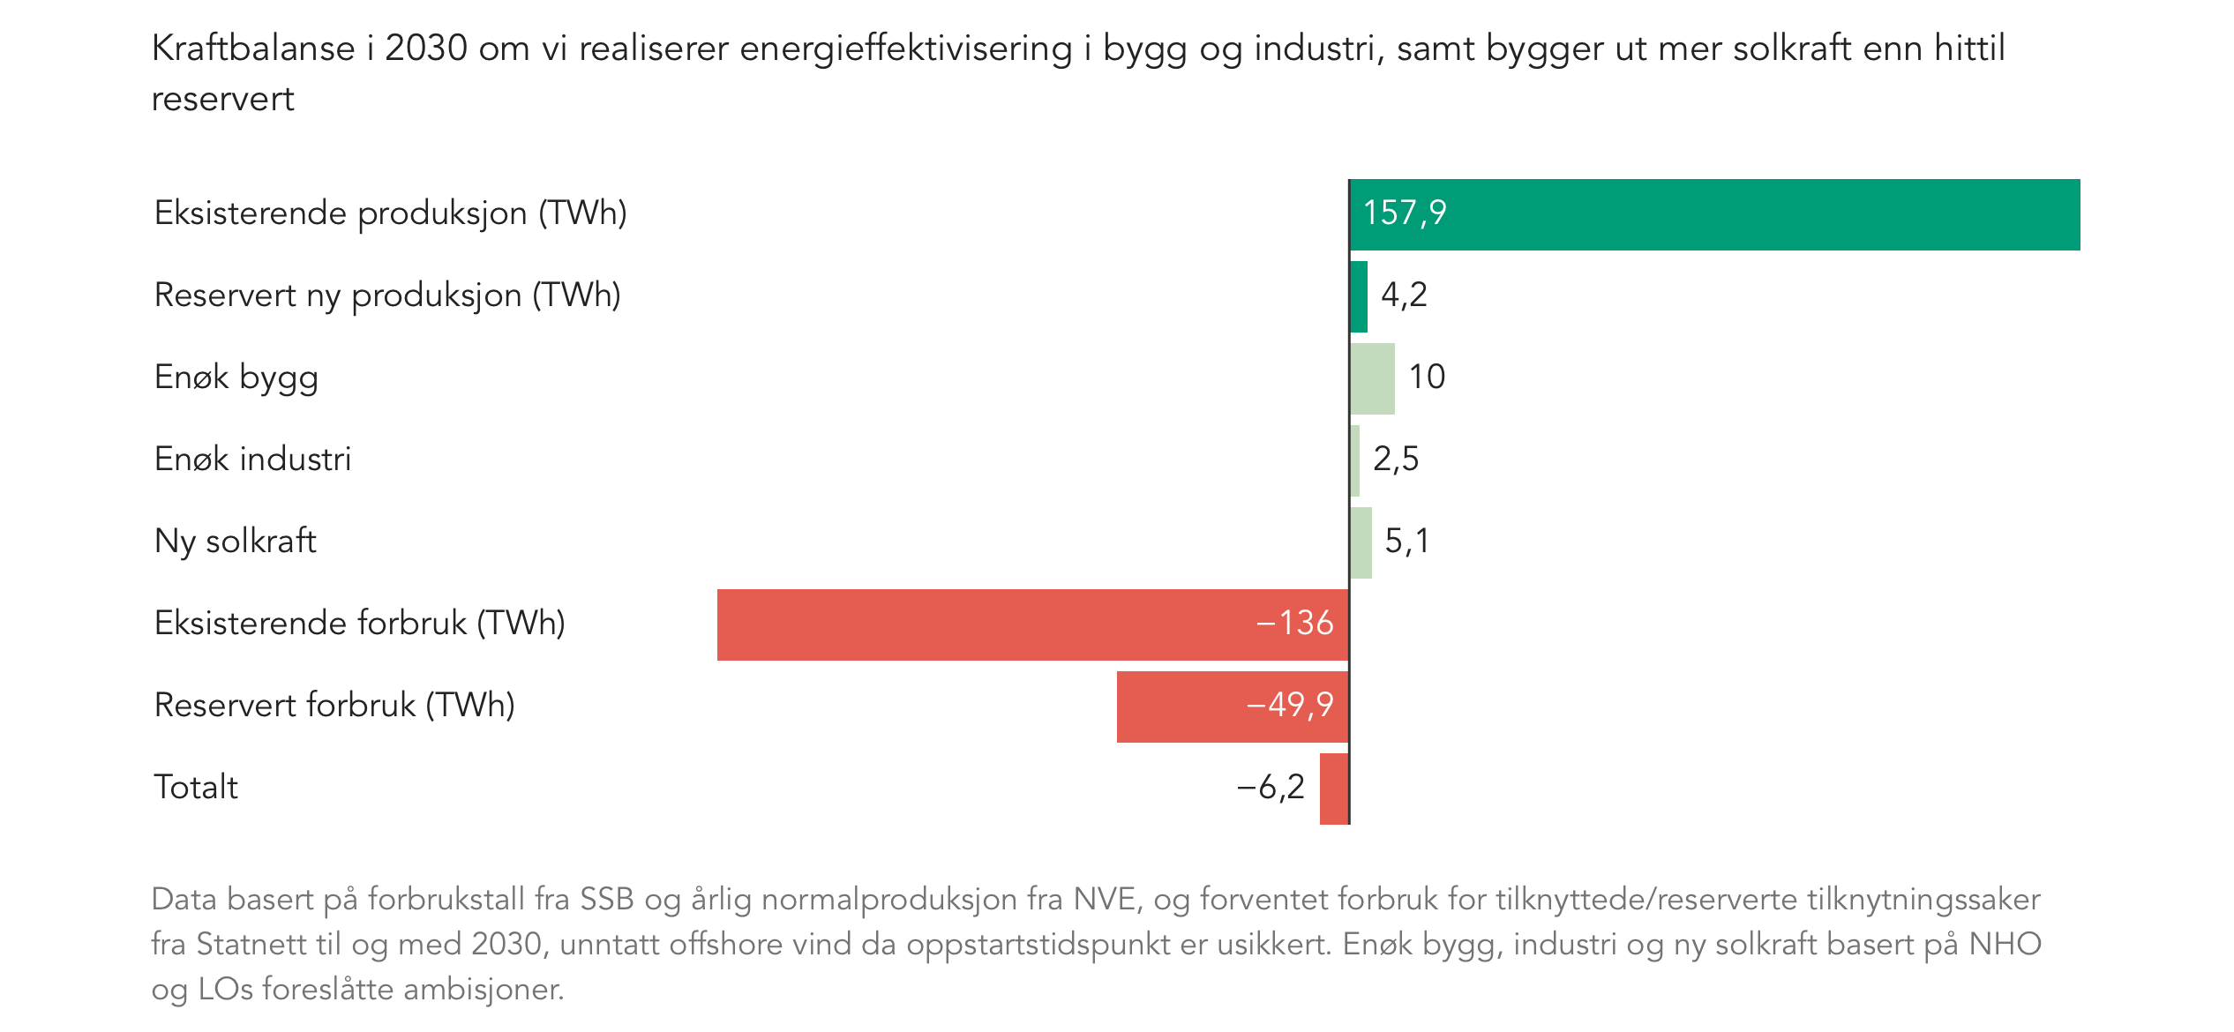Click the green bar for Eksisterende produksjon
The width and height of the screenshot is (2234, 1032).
tap(1714, 214)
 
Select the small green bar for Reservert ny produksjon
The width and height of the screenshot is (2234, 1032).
tap(1359, 296)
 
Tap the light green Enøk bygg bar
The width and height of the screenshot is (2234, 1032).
tap(1373, 378)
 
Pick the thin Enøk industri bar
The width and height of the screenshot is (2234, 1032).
tap(1355, 460)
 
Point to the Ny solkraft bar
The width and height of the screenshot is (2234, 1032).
tap(1361, 542)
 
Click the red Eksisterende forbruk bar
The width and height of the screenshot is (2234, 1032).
tap(1032, 624)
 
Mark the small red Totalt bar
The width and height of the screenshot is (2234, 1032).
tap(1334, 789)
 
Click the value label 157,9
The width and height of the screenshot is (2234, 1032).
tap(1405, 213)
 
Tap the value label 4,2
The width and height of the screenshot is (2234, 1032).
tap(1404, 295)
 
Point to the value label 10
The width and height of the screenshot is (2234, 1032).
tap(1427, 377)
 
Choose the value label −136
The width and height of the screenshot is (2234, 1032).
tap(1294, 623)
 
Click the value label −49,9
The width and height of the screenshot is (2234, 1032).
tap(1289, 705)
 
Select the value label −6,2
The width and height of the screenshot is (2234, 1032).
tap(1271, 787)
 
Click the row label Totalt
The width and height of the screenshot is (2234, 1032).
tap(196, 787)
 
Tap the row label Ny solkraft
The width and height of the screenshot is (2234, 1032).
tap(235, 541)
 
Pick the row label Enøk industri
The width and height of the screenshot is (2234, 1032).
tap(252, 459)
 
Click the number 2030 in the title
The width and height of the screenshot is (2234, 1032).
tap(426, 49)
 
